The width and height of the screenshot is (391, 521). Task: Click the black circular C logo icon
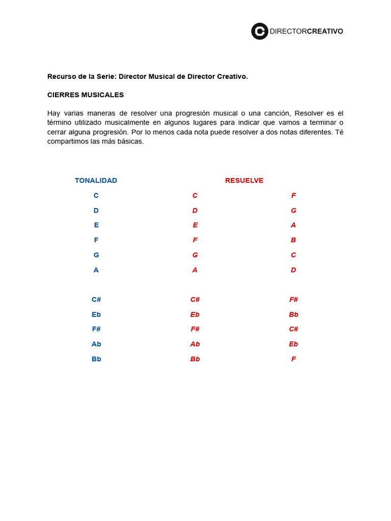coord(260,31)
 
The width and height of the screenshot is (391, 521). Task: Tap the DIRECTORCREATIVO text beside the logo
coord(306,32)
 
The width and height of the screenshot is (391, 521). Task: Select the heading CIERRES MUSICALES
coord(86,95)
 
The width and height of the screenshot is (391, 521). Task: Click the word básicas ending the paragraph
coord(130,141)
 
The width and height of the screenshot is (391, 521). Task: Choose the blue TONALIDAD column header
coord(96,181)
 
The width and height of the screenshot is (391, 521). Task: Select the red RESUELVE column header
coord(244,181)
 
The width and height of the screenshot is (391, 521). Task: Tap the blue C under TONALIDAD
coord(96,195)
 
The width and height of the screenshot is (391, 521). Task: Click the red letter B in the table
coord(293,240)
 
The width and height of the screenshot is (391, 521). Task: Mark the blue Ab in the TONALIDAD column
coord(96,344)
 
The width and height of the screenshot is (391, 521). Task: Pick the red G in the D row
coord(293,211)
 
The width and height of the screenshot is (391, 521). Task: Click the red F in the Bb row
coord(293,359)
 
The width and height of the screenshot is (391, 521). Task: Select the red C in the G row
coord(293,255)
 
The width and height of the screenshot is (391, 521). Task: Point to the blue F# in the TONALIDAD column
coord(96,329)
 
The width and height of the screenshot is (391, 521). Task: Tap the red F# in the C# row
coord(293,300)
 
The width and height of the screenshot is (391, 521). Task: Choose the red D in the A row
coord(293,270)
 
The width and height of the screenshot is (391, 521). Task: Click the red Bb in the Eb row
coord(293,314)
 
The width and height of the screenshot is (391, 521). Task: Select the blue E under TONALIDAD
coord(96,225)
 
